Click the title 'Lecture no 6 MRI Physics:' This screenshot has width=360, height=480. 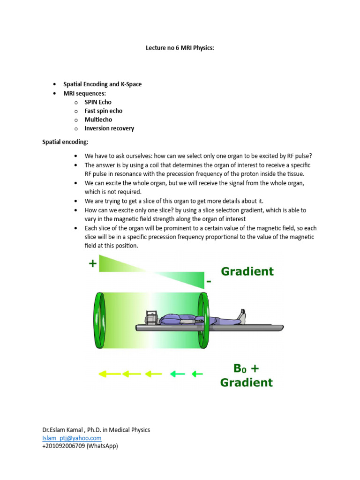[180, 48]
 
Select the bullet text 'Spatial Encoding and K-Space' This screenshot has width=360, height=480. [102, 84]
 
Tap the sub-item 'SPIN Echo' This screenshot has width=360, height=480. [98, 102]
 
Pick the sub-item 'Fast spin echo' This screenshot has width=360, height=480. [103, 111]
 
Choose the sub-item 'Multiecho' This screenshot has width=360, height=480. [98, 120]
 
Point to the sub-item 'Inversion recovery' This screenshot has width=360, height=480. [109, 128]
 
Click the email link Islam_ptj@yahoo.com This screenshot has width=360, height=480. [72, 438]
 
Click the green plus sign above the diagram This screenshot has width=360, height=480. [93, 264]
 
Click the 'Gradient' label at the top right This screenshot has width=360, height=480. [247, 271]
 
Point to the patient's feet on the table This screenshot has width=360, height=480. [242, 316]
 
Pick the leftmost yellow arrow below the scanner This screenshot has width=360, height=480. [108, 374]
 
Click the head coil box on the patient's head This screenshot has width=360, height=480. [151, 317]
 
